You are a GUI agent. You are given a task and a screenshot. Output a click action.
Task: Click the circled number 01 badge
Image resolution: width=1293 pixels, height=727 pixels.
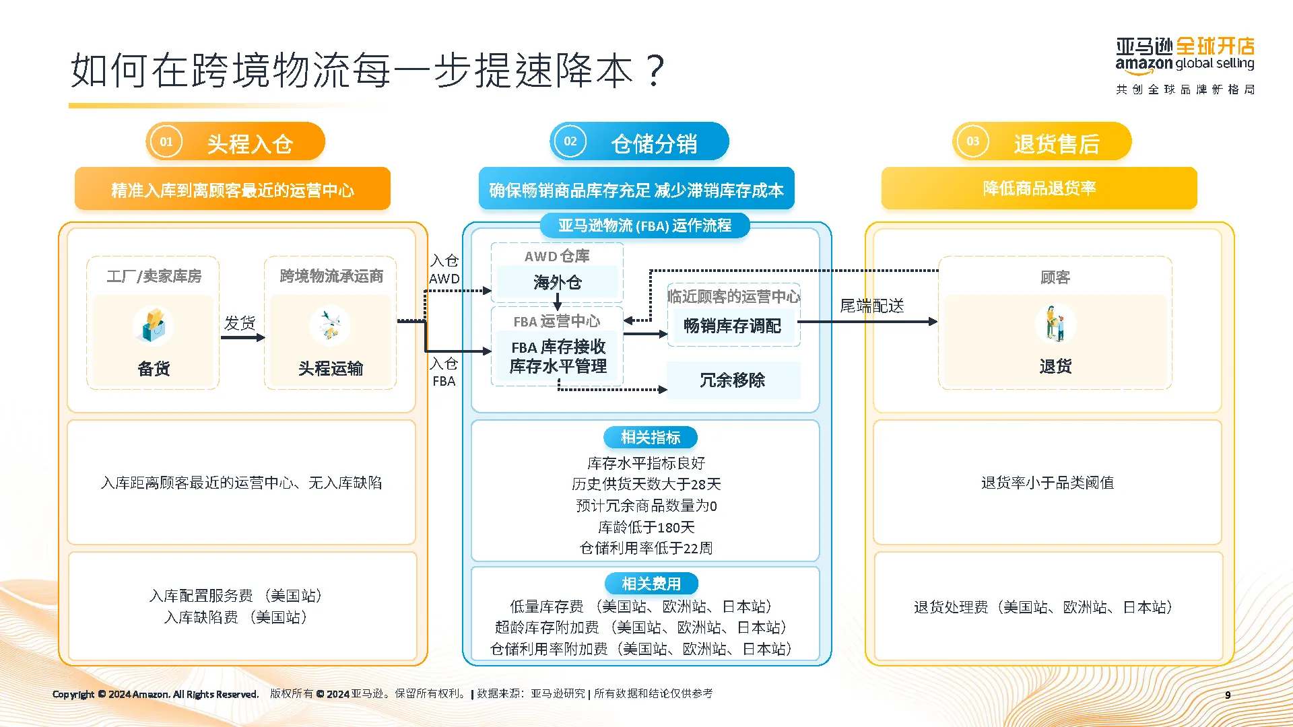[166, 142]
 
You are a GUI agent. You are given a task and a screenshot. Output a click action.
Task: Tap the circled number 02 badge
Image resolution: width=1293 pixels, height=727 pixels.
[570, 141]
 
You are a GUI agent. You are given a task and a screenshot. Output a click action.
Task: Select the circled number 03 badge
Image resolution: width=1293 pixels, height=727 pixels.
[972, 141]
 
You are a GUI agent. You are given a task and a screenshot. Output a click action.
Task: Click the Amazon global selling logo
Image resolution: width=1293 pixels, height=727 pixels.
[1185, 57]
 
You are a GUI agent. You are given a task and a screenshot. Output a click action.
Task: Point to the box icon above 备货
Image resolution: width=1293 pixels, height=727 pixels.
[154, 324]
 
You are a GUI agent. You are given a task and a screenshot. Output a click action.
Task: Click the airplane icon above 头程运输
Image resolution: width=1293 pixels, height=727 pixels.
[329, 324]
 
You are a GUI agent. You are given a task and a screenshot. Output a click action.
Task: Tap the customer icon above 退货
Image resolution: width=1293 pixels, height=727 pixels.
[1055, 323]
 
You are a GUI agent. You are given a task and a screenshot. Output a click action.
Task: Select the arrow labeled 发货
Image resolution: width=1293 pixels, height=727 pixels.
[242, 337]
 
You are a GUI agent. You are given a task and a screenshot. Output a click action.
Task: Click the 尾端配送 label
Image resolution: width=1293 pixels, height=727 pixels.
[871, 306]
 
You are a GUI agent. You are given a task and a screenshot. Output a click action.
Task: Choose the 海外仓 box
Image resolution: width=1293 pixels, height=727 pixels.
[557, 282]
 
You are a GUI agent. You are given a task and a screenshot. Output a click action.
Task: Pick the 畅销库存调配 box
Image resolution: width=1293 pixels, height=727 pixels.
[732, 326]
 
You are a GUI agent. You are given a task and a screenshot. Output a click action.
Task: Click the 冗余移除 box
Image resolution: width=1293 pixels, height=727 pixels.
[732, 380]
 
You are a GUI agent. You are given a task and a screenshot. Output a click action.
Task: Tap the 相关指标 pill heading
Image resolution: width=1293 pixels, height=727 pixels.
[650, 438]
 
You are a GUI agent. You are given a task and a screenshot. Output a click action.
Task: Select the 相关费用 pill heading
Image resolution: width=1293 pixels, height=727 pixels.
[651, 584]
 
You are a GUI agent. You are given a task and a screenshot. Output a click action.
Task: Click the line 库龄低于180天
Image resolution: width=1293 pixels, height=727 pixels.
[646, 527]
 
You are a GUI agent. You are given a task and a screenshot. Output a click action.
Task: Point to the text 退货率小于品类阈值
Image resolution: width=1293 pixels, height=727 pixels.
[1047, 483]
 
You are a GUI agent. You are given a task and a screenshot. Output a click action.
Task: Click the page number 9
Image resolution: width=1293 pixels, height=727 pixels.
[1228, 695]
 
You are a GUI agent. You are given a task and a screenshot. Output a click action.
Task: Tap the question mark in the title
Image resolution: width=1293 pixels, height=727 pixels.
[654, 70]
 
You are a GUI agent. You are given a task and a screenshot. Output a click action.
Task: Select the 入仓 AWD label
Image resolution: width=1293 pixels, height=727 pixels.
[444, 269]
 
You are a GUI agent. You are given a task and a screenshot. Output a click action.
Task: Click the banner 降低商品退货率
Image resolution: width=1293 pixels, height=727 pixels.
[1038, 188]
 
